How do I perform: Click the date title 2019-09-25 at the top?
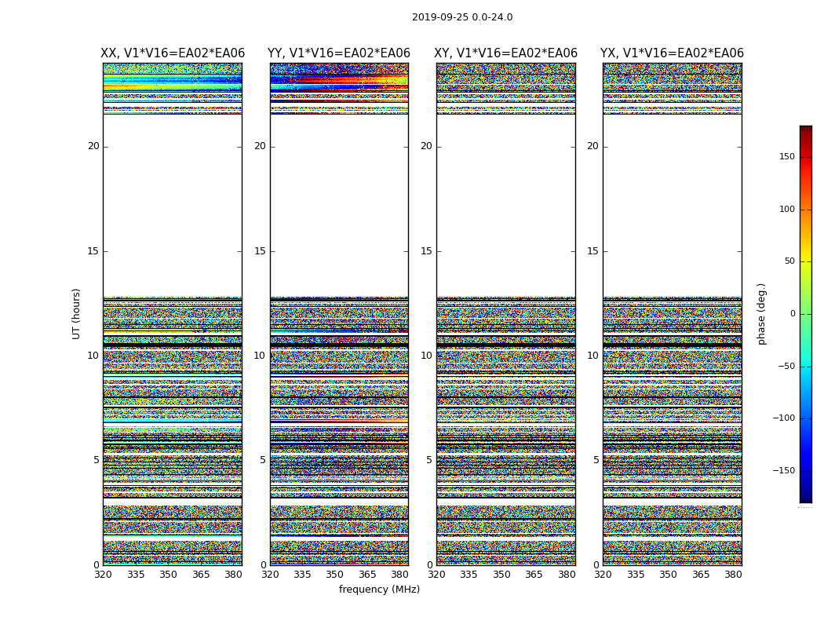[462, 17]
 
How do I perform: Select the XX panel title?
[173, 53]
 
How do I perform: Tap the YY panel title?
[339, 53]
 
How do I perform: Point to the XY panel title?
[505, 53]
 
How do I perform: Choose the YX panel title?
[672, 53]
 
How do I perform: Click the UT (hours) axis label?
[77, 313]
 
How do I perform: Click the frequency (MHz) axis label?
[379, 590]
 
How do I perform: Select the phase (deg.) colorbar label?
[761, 314]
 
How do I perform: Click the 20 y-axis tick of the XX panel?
[93, 146]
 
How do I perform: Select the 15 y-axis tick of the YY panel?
[260, 251]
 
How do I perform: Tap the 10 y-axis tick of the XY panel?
[426, 356]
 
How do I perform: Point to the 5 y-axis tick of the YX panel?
[596, 461]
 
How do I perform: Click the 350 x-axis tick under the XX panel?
[168, 575]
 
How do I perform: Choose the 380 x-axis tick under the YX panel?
[733, 575]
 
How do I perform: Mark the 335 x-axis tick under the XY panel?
[469, 575]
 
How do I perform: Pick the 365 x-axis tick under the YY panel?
[367, 575]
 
